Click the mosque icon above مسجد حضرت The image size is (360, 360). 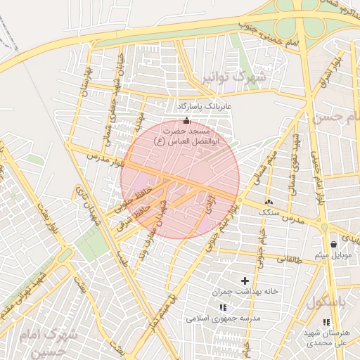click(x=186, y=120)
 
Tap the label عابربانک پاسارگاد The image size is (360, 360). click(x=205, y=105)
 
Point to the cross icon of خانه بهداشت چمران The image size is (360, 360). click(x=245, y=281)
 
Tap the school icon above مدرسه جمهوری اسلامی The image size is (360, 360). click(x=223, y=307)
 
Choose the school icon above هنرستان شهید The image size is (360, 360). click(x=325, y=322)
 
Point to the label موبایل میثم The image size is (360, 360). click(x=333, y=254)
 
